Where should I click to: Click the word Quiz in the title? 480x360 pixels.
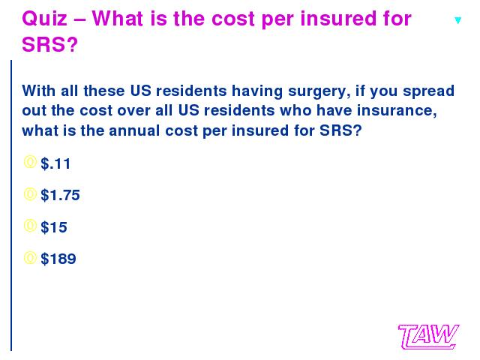[45, 19]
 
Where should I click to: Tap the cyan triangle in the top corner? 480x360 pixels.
[457, 20]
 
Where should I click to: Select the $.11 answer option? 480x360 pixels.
[55, 163]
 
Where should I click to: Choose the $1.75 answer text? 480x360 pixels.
[60, 195]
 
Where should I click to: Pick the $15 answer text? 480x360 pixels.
[54, 227]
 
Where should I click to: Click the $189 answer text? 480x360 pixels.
[58, 259]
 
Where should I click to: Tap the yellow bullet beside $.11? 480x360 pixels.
[30, 162]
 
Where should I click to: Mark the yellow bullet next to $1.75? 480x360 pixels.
[30, 194]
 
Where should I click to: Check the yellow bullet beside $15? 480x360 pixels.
[30, 226]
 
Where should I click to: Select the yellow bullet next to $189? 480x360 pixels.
[30, 258]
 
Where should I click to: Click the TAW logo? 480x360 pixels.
[428, 337]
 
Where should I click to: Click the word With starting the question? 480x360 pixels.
[39, 91]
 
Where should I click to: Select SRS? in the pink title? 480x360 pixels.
[50, 45]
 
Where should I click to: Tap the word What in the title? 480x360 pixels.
[117, 19]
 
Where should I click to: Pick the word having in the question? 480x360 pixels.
[257, 91]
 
